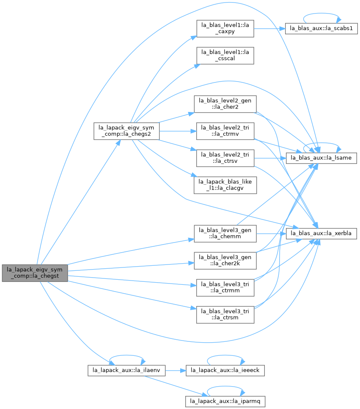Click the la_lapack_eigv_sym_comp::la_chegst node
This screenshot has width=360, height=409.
pyautogui.click(x=35, y=273)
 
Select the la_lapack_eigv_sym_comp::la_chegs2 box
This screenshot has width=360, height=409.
pyautogui.click(x=126, y=131)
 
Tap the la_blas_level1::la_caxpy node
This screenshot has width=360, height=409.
pyautogui.click(x=225, y=28)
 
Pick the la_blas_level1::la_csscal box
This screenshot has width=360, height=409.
pyautogui.click(x=225, y=55)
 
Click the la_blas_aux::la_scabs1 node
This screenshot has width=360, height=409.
pyautogui.click(x=322, y=28)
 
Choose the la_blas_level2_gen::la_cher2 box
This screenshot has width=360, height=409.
pyautogui.click(x=225, y=104)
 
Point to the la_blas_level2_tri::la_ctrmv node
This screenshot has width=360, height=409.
pyautogui.click(x=225, y=131)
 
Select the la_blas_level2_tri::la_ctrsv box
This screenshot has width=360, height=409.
pyautogui.click(x=225, y=158)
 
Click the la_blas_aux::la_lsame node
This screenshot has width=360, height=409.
pyautogui.click(x=322, y=158)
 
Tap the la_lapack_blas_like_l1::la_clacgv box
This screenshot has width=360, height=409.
pyautogui.click(x=225, y=185)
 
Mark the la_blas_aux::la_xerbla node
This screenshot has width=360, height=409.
pyautogui.click(x=322, y=234)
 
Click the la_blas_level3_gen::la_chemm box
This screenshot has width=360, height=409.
pyautogui.click(x=225, y=234)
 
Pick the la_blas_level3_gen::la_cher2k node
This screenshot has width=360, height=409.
pyautogui.click(x=225, y=261)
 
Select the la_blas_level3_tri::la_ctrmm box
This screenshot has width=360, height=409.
pyautogui.click(x=225, y=288)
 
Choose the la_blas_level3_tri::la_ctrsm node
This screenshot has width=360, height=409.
pyautogui.click(x=225, y=315)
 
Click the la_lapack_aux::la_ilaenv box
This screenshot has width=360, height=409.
pyautogui.click(x=126, y=371)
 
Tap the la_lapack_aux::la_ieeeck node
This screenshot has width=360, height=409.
pyautogui.click(x=225, y=371)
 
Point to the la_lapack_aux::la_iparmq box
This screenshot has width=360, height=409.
pyautogui.click(x=225, y=401)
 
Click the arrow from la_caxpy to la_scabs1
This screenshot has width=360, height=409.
pyautogui.click(x=269, y=28)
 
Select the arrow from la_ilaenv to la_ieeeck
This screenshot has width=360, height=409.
pyautogui.click(x=176, y=371)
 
